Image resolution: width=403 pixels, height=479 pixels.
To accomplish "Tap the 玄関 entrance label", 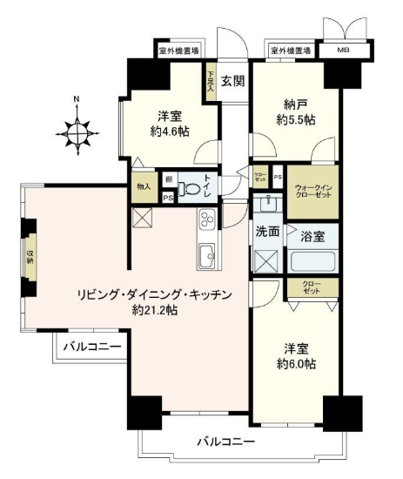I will coord(232,82).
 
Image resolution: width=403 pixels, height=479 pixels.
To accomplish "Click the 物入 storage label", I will coord(144,186).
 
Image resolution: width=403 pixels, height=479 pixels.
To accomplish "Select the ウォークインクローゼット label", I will coord(311,191).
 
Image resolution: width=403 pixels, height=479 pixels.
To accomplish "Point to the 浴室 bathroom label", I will coord(312,235).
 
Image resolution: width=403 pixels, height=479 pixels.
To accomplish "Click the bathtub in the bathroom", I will coord(312,261).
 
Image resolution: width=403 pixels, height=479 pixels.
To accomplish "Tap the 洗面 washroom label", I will coord(266,233).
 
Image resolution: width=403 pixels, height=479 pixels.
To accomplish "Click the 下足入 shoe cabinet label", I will coord(210,81).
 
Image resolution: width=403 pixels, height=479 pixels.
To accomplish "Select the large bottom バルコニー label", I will coord(225,442).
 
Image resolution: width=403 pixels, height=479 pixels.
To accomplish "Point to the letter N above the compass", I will coord(78,99).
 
